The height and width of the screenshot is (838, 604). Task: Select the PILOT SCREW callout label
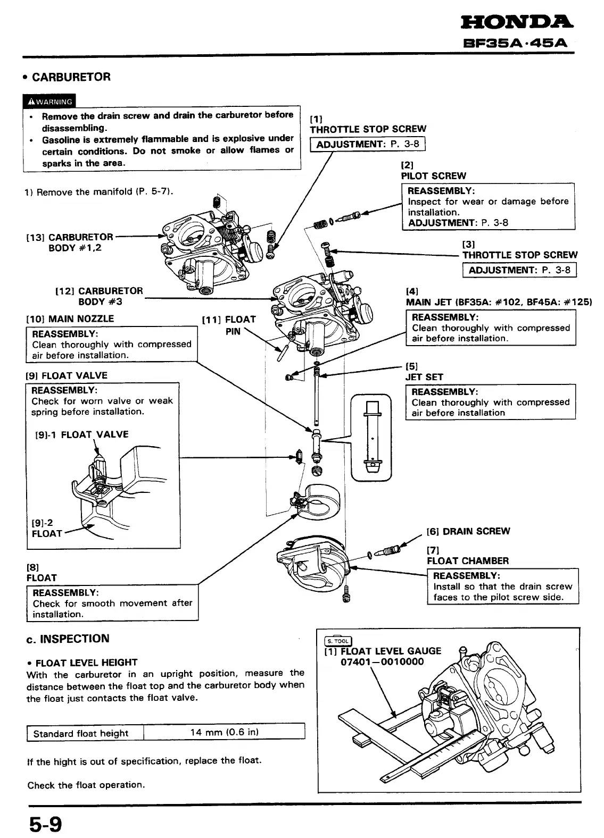(x=433, y=176)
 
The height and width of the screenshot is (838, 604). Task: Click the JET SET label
(x=424, y=377)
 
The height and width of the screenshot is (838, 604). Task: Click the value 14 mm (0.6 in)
(x=224, y=732)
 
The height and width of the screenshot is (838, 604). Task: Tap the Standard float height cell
(x=81, y=734)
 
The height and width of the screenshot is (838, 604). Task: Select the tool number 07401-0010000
(x=382, y=662)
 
